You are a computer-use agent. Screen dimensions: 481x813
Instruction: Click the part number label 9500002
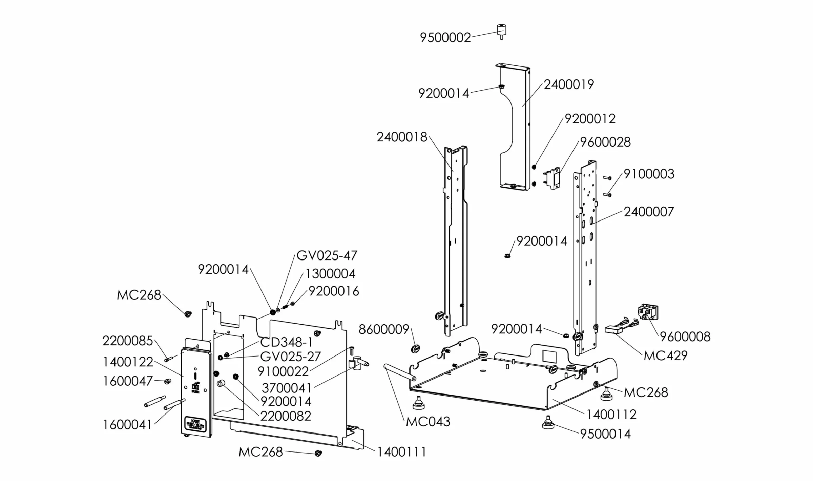(445, 38)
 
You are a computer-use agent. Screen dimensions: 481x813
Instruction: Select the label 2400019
(569, 84)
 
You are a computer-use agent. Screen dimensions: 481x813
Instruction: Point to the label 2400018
(402, 137)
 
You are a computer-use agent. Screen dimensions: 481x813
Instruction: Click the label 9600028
(605, 142)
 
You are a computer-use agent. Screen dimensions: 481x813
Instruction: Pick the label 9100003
(649, 174)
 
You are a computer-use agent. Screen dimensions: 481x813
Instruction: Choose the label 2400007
(649, 212)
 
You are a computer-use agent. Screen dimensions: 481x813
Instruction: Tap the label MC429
(665, 356)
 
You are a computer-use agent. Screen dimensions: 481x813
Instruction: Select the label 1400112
(611, 415)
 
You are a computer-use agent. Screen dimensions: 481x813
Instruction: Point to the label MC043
(428, 422)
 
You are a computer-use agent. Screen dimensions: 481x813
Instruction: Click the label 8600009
(384, 329)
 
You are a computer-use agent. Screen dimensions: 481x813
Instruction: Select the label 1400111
(401, 452)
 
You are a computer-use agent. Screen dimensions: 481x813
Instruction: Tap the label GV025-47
(327, 255)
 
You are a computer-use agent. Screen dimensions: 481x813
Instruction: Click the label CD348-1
(286, 342)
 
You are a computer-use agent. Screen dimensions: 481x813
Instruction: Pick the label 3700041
(286, 388)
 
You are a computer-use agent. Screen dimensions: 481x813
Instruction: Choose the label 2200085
(127, 341)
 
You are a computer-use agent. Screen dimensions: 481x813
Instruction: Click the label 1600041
(127, 425)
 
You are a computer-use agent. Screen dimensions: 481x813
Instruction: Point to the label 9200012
(590, 119)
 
